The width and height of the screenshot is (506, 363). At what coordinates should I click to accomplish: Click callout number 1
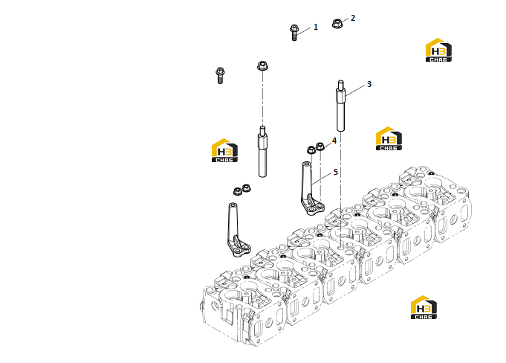point(316,27)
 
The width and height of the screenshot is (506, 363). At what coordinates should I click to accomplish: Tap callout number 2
point(353,18)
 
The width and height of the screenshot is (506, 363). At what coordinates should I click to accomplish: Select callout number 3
point(369,84)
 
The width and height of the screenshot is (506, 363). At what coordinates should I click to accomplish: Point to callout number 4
point(334,141)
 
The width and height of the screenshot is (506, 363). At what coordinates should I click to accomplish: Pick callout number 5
point(336,172)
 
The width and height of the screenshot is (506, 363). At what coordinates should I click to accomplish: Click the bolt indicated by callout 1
point(293,32)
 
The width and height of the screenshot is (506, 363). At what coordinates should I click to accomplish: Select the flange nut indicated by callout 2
point(337,23)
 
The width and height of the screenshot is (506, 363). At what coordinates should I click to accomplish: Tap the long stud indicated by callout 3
point(341,106)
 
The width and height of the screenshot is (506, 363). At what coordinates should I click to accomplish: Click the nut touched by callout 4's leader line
point(320,147)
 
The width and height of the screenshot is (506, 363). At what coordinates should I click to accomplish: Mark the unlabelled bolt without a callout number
point(220,75)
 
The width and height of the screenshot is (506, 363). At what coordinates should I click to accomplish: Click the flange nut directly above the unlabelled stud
point(263,65)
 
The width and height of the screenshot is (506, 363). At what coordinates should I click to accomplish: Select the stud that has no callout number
point(262,152)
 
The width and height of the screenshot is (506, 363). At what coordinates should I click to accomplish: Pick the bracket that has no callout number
point(237,233)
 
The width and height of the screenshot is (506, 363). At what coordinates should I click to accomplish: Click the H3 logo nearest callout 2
point(438,50)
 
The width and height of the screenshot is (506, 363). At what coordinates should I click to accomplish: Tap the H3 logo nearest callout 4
point(389,138)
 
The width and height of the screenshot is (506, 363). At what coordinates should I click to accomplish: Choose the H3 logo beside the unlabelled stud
point(224,150)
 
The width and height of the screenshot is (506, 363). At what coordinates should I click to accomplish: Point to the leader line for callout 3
point(356,90)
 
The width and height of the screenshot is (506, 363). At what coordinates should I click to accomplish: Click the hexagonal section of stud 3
point(341,95)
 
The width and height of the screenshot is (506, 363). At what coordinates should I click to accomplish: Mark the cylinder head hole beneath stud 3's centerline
point(341,248)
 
